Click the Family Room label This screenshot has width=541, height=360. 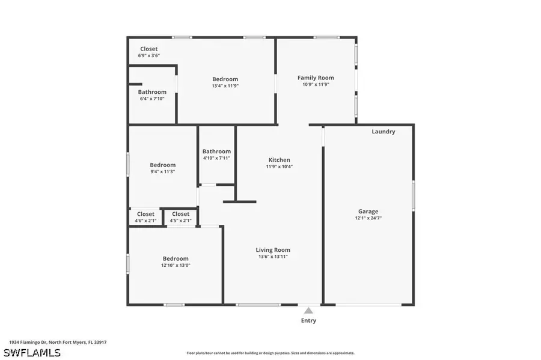(316, 78)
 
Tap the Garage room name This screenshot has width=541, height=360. (368, 211)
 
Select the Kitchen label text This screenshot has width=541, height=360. (279, 160)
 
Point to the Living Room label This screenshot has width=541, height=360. (273, 249)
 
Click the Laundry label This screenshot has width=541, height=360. (383, 132)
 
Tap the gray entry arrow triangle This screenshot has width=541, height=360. (308, 311)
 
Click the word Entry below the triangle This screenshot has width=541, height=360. (308, 320)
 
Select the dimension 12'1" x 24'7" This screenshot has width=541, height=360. (368, 218)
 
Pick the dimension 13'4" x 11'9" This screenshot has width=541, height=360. (225, 86)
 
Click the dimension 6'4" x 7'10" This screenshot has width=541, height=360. (152, 99)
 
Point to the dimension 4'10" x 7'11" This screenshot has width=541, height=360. (216, 158)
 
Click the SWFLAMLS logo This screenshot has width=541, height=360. (32, 352)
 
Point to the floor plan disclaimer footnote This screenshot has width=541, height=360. (270, 353)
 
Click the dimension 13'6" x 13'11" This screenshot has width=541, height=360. (273, 257)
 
